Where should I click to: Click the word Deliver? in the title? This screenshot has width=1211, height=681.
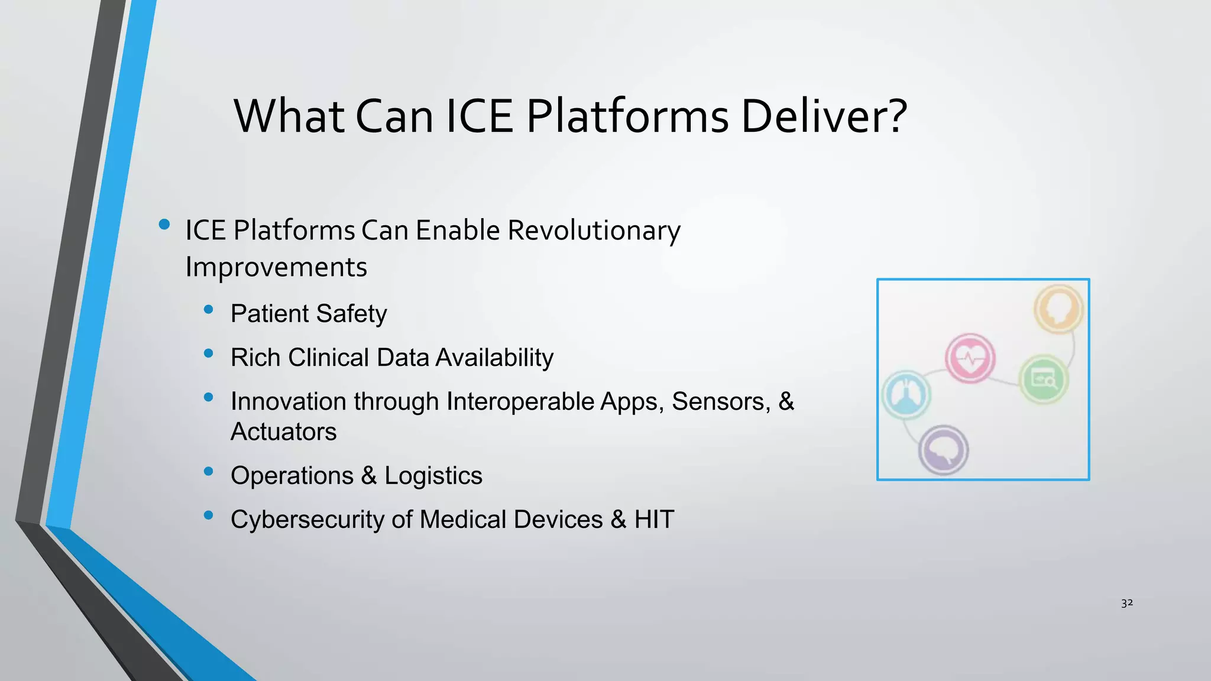coord(823,116)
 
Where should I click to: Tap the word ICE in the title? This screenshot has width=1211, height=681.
coord(479,116)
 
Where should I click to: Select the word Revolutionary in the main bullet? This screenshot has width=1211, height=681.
coord(594,231)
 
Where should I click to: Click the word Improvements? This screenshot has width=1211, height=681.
coord(276,267)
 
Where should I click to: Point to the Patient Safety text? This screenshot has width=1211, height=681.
coord(309,314)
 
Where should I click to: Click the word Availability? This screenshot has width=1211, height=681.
coord(494,358)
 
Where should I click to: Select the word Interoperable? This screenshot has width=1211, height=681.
coord(520,401)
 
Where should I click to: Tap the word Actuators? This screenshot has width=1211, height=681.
coord(283,432)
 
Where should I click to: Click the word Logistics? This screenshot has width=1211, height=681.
coord(433,476)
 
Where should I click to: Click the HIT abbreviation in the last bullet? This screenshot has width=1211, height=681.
coord(654,520)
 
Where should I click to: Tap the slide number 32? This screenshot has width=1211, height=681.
coord(1127,603)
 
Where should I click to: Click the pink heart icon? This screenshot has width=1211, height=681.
coord(970,358)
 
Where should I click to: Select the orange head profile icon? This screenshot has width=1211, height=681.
coord(1058,309)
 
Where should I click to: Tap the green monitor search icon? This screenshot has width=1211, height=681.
coord(1044,379)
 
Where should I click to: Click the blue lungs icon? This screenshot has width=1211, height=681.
coord(906,395)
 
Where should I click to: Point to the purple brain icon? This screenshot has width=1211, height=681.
coord(943,450)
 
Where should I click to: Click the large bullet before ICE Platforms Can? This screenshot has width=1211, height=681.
coord(164,225)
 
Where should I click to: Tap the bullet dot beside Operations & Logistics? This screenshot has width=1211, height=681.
coord(208,471)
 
